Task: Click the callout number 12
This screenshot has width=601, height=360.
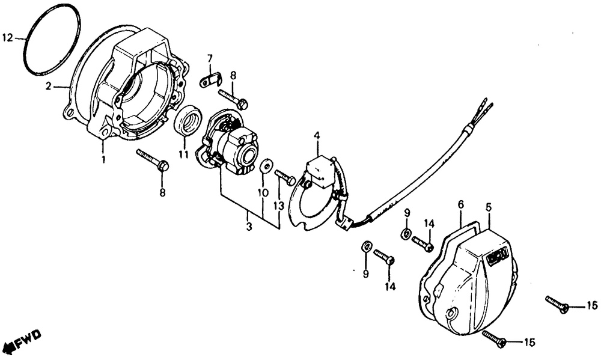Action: coord(7,38)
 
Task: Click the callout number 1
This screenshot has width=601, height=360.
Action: coord(103,160)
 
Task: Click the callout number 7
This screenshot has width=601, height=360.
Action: coord(210,58)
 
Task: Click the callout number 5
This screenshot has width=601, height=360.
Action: coord(489,206)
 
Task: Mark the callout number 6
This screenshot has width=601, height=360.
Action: coord(461,206)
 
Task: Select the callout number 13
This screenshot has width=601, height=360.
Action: coord(278,206)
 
